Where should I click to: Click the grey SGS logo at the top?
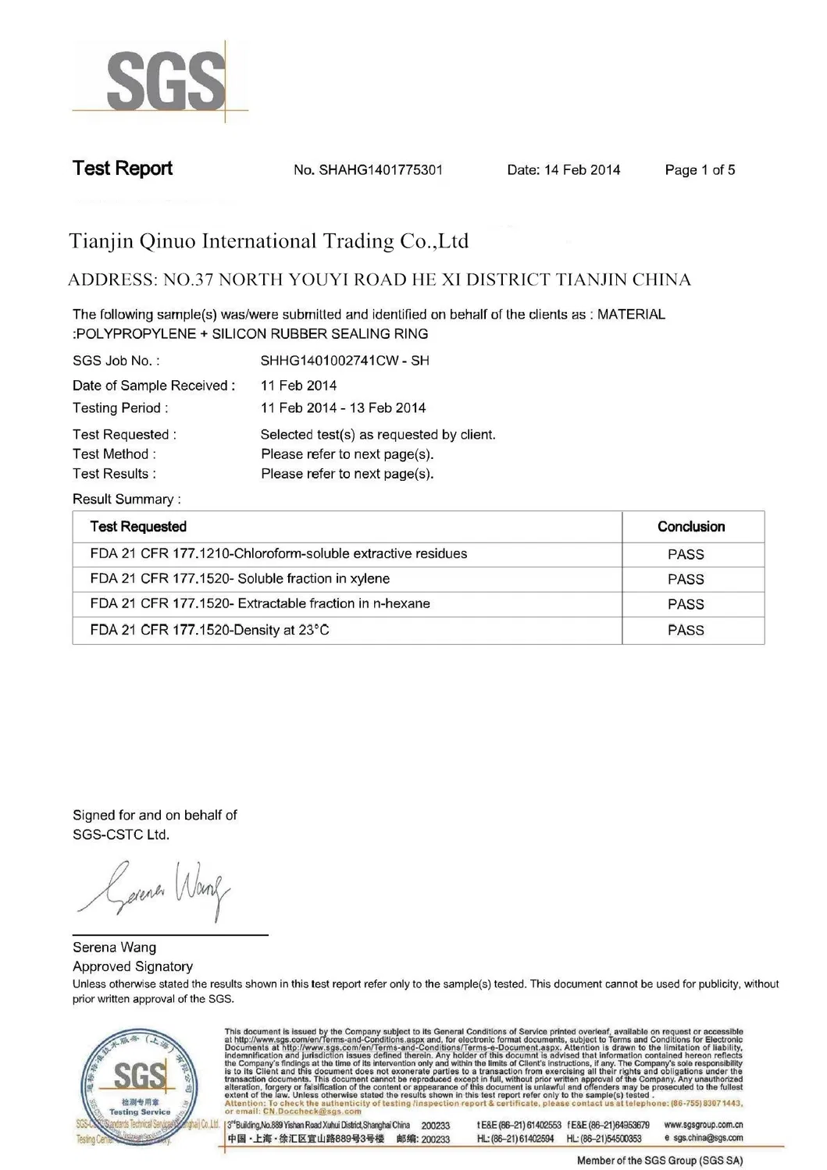[x=166, y=80]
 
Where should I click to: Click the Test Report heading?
[x=123, y=169]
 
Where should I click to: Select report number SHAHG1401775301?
[x=368, y=170]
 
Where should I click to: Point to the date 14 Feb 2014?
[x=563, y=170]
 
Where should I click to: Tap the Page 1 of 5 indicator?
[x=700, y=170]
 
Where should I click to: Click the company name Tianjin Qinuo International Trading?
[x=269, y=241]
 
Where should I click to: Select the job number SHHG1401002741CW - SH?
[x=344, y=361]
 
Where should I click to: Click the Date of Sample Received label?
[x=153, y=386]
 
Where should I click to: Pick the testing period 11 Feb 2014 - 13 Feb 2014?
[x=343, y=408]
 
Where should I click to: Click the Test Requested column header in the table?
[x=138, y=527]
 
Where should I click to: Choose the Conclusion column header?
[x=691, y=527]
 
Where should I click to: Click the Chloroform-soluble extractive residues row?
[x=278, y=554]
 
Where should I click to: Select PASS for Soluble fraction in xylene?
[x=686, y=579]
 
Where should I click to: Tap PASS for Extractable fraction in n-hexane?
[x=686, y=604]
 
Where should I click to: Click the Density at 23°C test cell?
[x=209, y=630]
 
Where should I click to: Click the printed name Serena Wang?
[x=114, y=948]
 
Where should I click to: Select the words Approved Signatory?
[x=133, y=966]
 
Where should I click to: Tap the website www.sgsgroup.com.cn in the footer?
[x=703, y=1125]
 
